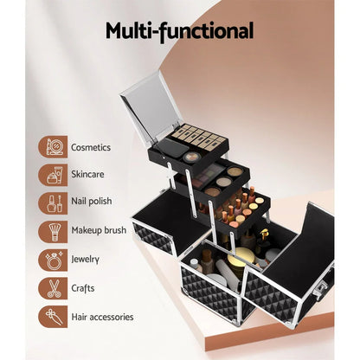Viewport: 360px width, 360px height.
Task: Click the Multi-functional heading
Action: click(x=179, y=32)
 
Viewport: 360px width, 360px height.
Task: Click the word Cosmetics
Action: click(x=92, y=148)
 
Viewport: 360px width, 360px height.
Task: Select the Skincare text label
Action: click(x=88, y=176)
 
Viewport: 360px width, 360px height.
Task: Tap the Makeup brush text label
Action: click(x=99, y=232)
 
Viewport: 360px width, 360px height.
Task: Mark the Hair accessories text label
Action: click(x=103, y=317)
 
